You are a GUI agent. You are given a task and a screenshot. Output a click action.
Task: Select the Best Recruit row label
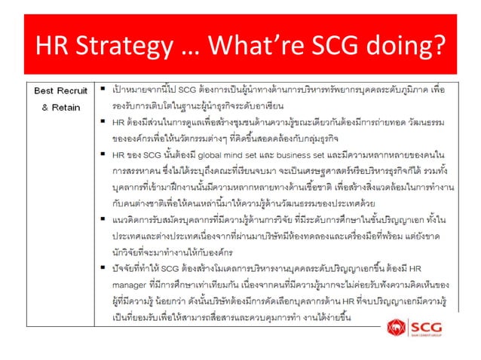(62, 90)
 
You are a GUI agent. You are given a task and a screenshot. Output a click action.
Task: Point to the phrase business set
(296, 155)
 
